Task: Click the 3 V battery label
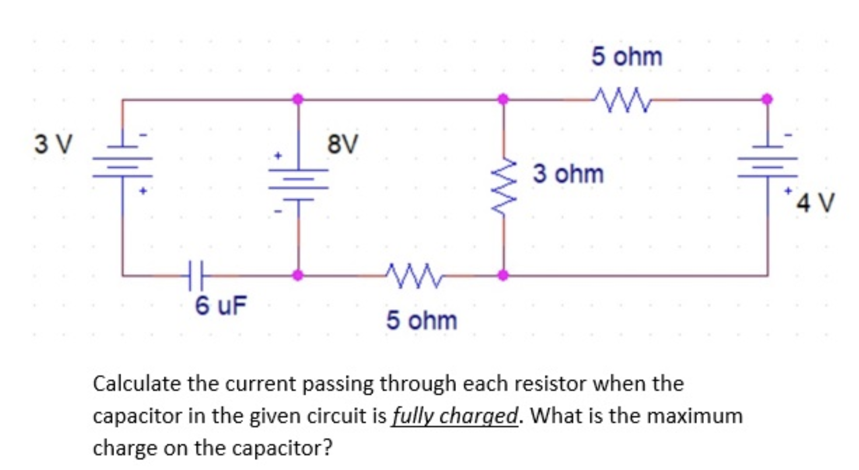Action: coord(53,144)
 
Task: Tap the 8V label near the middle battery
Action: coord(342,144)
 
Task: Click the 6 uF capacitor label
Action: coord(221,305)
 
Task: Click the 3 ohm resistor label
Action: coord(568,174)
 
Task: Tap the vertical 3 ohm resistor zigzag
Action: coord(503,186)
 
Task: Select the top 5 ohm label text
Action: coord(626,56)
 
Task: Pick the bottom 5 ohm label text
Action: coord(421,321)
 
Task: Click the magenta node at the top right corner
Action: coord(767,99)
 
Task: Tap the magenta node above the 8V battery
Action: coord(298,99)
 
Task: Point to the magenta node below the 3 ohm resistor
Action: coord(503,275)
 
